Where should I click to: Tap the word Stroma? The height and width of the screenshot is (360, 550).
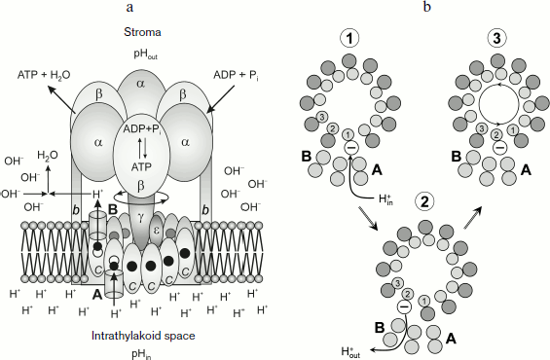click(x=142, y=30)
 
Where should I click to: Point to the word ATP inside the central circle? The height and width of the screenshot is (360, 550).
click(x=142, y=166)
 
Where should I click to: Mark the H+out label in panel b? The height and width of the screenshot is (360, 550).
click(x=349, y=352)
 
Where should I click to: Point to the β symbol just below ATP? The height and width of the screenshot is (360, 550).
click(x=142, y=184)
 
